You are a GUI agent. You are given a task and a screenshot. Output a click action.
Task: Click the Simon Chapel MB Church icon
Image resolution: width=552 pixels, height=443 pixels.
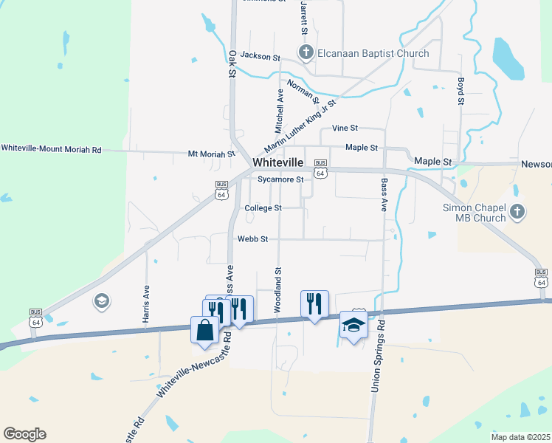pos(517,212)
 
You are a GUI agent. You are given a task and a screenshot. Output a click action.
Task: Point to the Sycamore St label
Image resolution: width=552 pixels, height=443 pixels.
pos(280,179)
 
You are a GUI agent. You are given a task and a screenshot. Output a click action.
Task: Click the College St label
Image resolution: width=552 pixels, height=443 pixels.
pos(263,208)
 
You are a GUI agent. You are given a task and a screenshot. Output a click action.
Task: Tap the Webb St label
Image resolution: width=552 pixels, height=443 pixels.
pos(252,239)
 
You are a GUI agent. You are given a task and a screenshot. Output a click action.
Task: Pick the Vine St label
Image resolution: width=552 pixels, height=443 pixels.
pos(345,128)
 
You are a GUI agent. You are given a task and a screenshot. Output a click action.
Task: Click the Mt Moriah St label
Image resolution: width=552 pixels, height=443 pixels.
pos(211,154)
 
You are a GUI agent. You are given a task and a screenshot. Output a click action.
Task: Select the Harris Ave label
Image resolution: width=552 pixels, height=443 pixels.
pos(146,303)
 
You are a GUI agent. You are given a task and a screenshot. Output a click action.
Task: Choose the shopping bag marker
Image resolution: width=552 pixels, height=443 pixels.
pos(205,330)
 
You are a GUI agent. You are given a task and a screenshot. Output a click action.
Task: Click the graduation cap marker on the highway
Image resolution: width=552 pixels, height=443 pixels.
pos(353,325)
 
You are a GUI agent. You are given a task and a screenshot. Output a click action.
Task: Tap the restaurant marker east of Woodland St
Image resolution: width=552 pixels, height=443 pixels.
pos(314,303)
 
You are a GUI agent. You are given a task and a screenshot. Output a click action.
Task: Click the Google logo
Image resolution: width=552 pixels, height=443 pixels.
pos(24,434)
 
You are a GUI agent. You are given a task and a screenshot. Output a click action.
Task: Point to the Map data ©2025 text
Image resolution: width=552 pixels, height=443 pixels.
pos(520,437)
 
